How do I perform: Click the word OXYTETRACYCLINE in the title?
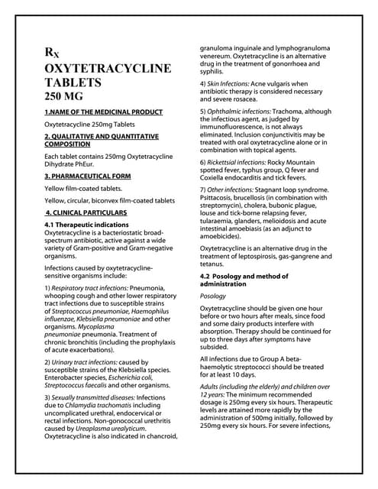click(108, 69)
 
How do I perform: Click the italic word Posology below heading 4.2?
click(213, 295)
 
